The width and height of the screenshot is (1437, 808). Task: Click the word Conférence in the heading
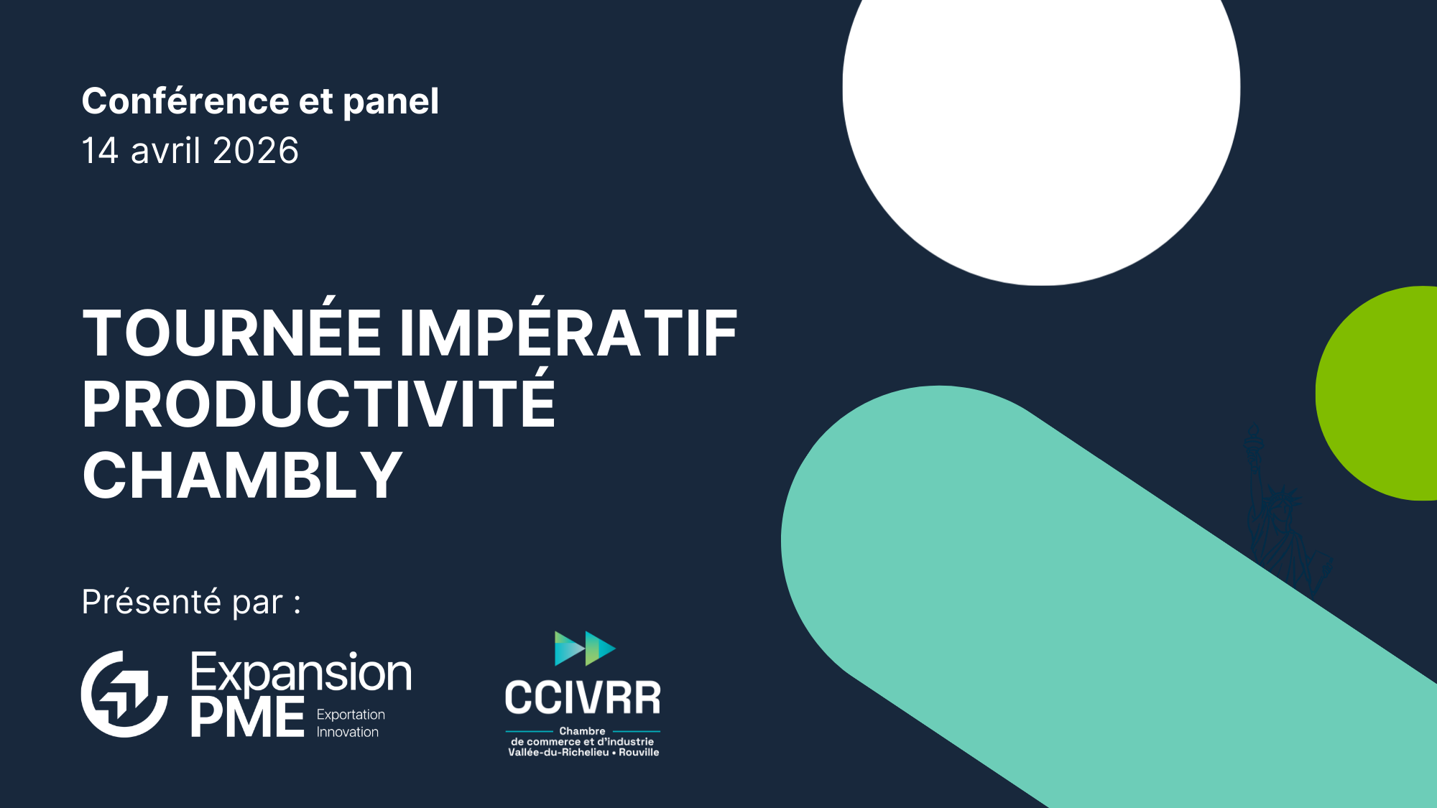tap(185, 101)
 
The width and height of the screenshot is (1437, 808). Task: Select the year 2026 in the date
tap(255, 151)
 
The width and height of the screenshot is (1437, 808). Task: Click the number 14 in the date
tap(100, 151)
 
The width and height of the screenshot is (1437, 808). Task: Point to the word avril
tap(165, 151)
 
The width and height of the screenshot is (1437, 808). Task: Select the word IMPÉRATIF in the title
tap(568, 329)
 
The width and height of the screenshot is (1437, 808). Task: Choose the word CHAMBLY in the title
tap(242, 475)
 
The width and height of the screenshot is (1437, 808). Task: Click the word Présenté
tap(151, 601)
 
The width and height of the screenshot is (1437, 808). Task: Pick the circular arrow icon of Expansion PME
tap(124, 694)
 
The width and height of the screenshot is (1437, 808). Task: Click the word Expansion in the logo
tap(301, 674)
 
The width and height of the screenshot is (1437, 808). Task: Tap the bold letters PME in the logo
tap(248, 717)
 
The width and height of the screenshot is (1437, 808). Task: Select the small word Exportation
tap(351, 715)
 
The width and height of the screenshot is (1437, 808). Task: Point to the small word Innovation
tap(348, 732)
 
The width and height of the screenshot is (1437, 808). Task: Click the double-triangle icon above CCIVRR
tap(585, 649)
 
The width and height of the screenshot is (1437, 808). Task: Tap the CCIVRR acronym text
tap(583, 698)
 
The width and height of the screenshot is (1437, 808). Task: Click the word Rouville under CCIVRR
tap(639, 753)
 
